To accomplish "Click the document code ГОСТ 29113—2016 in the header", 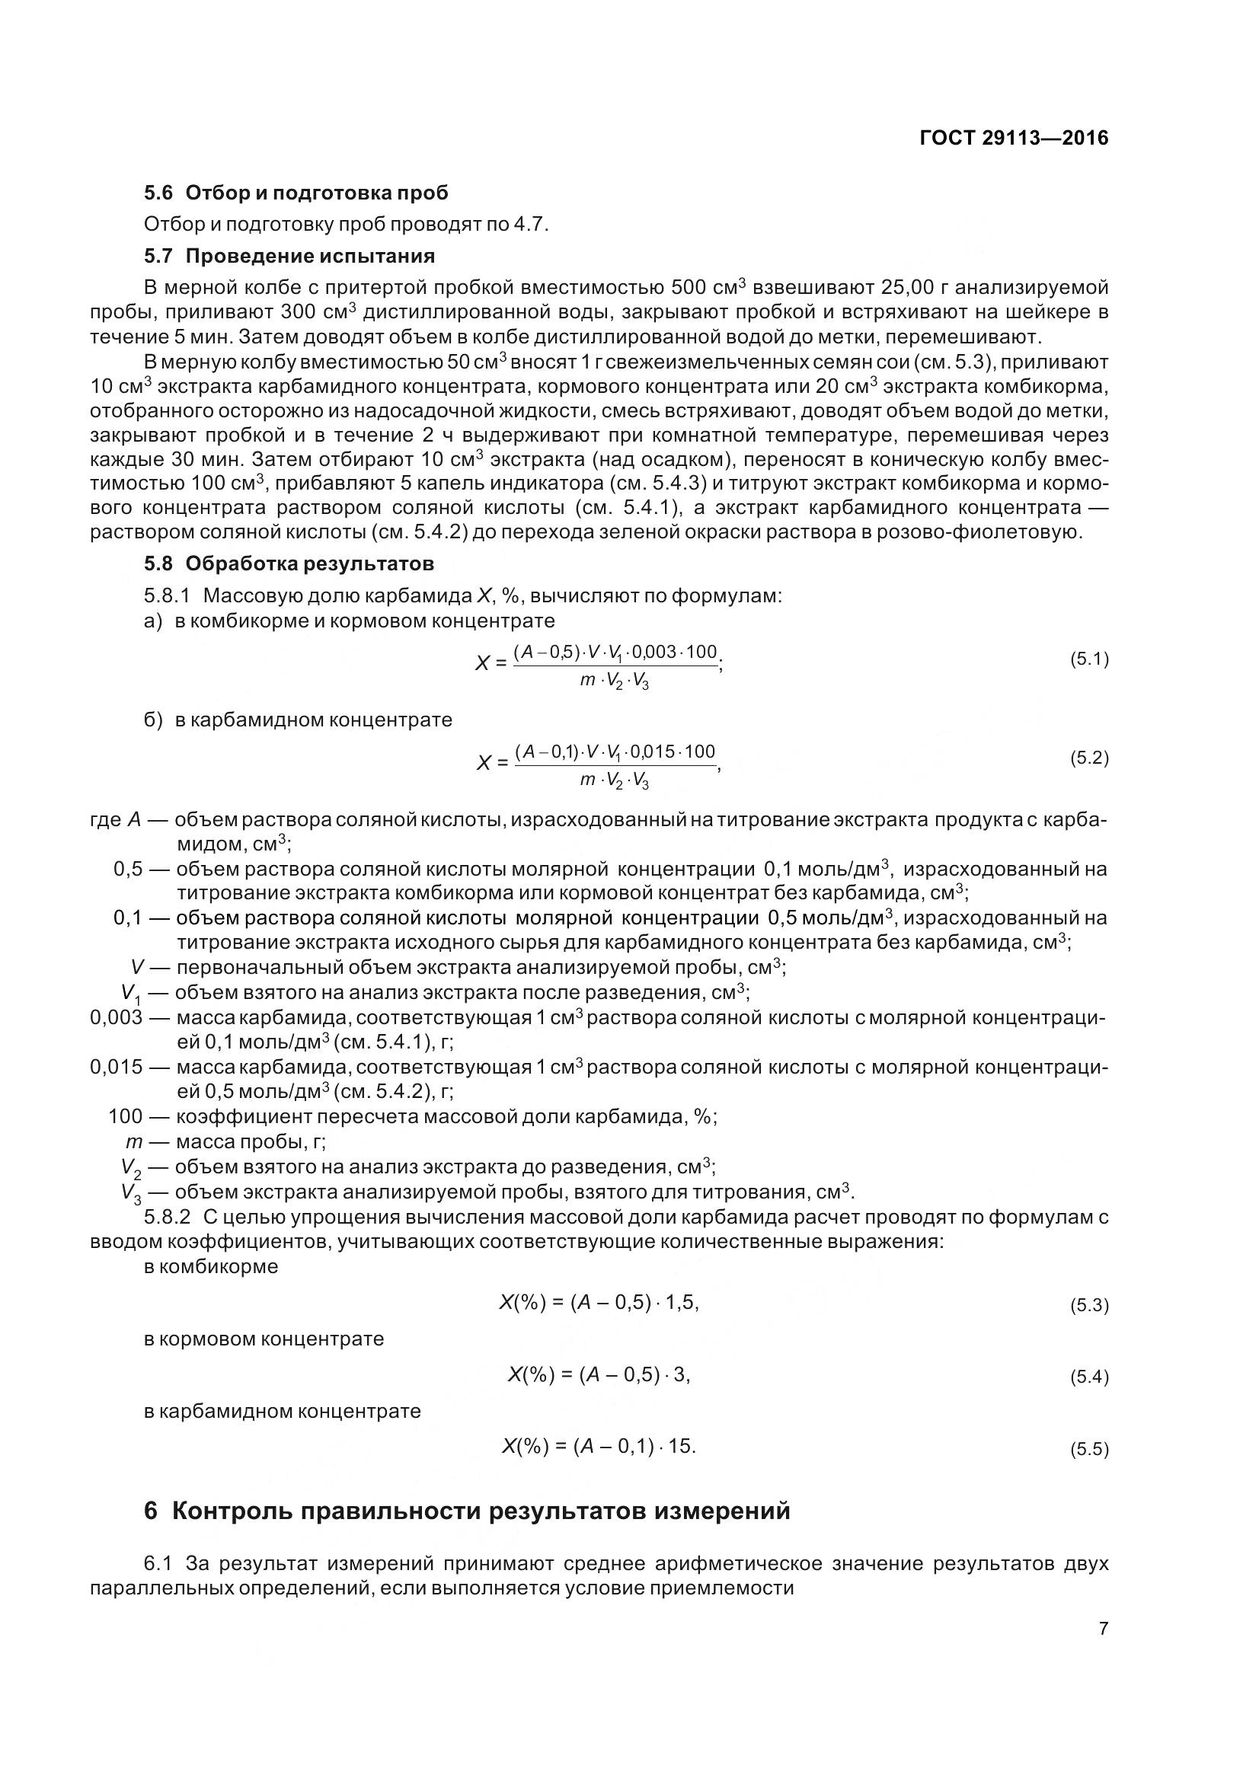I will pos(1013,138).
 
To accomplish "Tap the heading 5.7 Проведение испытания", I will pos(289,256).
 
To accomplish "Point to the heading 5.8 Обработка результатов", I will pos(289,563).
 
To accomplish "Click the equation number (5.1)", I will pos(1089,659).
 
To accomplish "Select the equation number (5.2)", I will pos(1089,758).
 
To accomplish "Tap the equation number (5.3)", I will pos(1089,1306).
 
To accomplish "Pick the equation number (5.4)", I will pos(1089,1377).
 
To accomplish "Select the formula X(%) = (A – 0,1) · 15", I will pos(598,1446).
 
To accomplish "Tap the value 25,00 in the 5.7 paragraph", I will pos(908,288).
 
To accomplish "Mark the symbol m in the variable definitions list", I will pos(132,1142).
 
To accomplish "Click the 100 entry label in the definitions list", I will pos(125,1117).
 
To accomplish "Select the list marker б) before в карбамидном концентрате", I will pos(153,720).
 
